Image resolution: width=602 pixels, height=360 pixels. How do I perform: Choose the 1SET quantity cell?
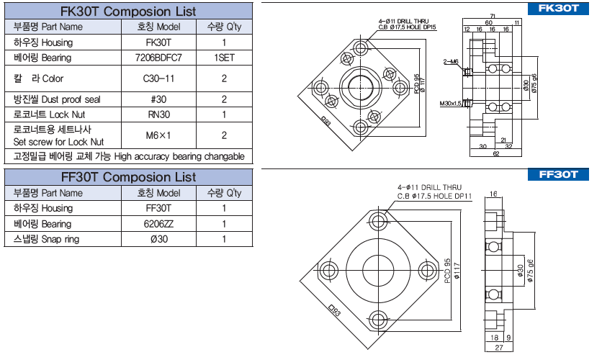pyautogui.click(x=225, y=57)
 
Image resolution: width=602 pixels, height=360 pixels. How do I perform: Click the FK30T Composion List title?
pyautogui.click(x=128, y=12)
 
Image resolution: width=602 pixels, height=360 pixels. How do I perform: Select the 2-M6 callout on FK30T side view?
pyautogui.click(x=451, y=62)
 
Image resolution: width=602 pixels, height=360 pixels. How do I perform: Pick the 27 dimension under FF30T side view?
pyautogui.click(x=498, y=347)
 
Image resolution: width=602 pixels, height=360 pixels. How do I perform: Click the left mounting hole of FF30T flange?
pyautogui.click(x=330, y=271)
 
